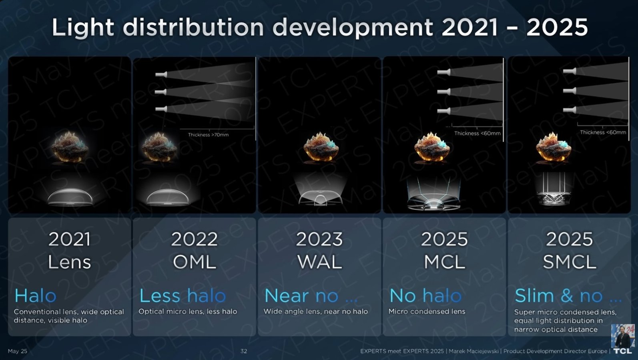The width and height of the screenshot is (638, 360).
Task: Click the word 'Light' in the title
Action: (83, 28)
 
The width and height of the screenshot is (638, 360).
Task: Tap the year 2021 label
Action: (70, 239)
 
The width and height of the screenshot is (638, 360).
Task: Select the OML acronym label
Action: (194, 262)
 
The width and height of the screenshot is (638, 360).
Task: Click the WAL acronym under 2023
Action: (319, 262)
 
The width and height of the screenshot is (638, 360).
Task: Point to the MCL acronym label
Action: (444, 262)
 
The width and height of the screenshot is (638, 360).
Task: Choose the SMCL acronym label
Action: (570, 262)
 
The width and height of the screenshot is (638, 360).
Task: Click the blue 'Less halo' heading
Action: (183, 296)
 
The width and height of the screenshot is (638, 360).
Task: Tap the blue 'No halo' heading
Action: (425, 296)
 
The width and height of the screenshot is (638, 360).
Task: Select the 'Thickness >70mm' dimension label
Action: (208, 135)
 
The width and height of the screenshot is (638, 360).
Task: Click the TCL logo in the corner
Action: (623, 351)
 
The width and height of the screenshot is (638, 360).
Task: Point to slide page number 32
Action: (243, 351)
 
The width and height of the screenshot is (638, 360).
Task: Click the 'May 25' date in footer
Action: (17, 351)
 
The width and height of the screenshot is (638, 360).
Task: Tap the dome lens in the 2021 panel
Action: (70, 197)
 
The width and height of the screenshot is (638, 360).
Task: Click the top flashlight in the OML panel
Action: (161, 74)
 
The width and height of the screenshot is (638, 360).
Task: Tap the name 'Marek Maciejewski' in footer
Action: (473, 351)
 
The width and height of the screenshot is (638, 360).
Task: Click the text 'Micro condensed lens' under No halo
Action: (427, 311)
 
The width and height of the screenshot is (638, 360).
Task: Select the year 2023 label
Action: (319, 239)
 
